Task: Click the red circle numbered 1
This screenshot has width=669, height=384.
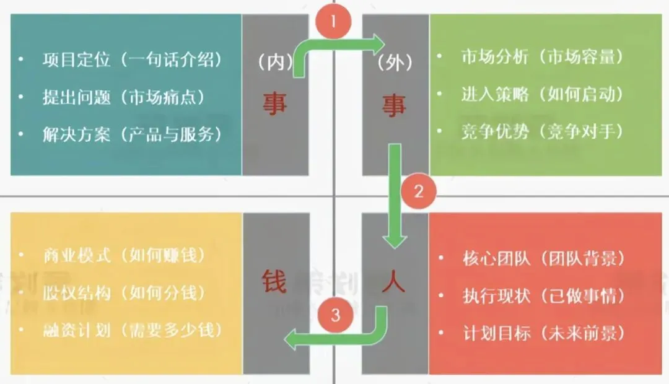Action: (x=334, y=24)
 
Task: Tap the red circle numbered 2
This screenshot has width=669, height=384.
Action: (x=418, y=191)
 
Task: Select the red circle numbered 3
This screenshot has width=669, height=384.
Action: (x=335, y=315)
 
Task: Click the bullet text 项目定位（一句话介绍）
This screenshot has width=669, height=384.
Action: (x=132, y=60)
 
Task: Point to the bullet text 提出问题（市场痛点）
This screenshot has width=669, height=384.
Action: (x=123, y=97)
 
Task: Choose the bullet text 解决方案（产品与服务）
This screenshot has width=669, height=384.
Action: (x=132, y=134)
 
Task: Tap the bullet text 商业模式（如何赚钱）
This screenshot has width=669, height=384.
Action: (x=124, y=255)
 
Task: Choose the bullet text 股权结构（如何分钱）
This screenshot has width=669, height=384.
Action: (x=124, y=292)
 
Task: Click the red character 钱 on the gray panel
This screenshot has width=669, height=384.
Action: (x=274, y=282)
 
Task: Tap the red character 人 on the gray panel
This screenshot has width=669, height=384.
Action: (x=393, y=282)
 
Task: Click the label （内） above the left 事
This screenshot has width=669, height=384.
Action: (x=274, y=63)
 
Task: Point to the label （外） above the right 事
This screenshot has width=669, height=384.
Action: (x=395, y=63)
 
